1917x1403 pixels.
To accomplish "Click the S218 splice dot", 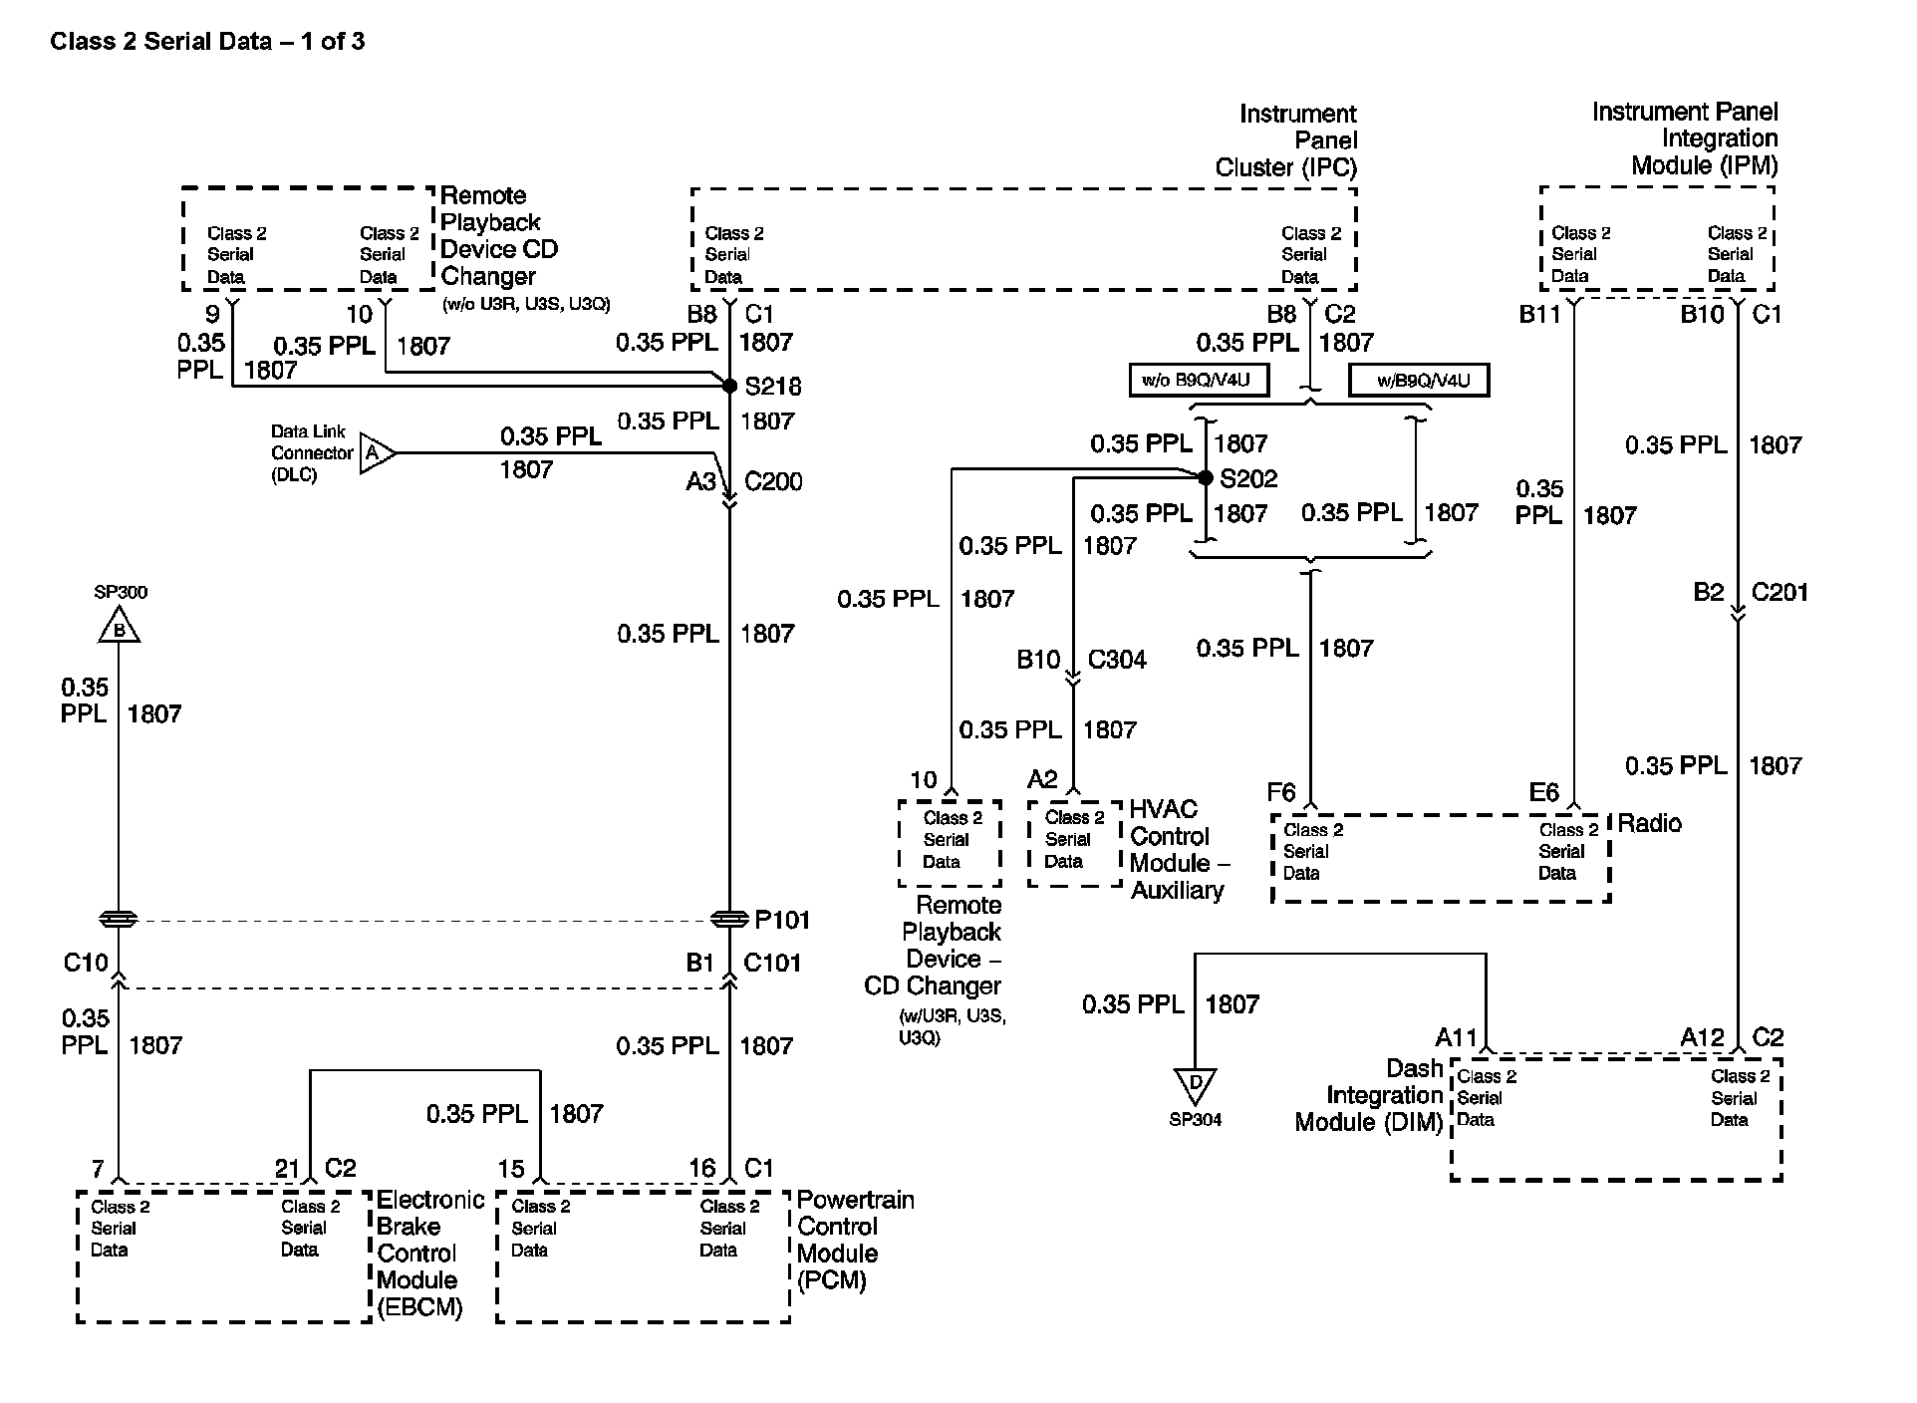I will click(x=729, y=386).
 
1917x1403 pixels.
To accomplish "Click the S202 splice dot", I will click(x=1206, y=478).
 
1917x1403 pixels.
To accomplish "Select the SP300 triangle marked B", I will click(x=119, y=628).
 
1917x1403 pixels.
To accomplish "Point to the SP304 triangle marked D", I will click(x=1195, y=1083).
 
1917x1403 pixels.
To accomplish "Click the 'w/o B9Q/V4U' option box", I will click(x=1199, y=381).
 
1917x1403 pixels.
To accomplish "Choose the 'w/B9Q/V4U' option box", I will click(x=1419, y=381).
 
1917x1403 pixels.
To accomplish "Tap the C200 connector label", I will click(x=773, y=481).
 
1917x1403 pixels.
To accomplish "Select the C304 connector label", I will click(x=1117, y=660).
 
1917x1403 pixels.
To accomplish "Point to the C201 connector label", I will click(x=1780, y=593).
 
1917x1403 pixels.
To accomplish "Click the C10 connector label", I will click(x=86, y=963).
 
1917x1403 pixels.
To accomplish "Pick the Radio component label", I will click(x=1649, y=823).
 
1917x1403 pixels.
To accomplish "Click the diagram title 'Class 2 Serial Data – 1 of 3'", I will click(x=207, y=41).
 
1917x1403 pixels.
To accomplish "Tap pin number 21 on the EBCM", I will click(x=287, y=1168).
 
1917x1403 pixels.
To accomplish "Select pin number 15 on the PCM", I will click(x=511, y=1168).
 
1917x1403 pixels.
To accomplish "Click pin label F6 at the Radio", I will click(x=1281, y=792).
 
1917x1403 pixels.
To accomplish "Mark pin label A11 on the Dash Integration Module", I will click(x=1456, y=1037).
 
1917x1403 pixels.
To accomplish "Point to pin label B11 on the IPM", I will click(x=1539, y=315).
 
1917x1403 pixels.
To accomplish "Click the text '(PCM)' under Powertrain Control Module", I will click(x=832, y=1280).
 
